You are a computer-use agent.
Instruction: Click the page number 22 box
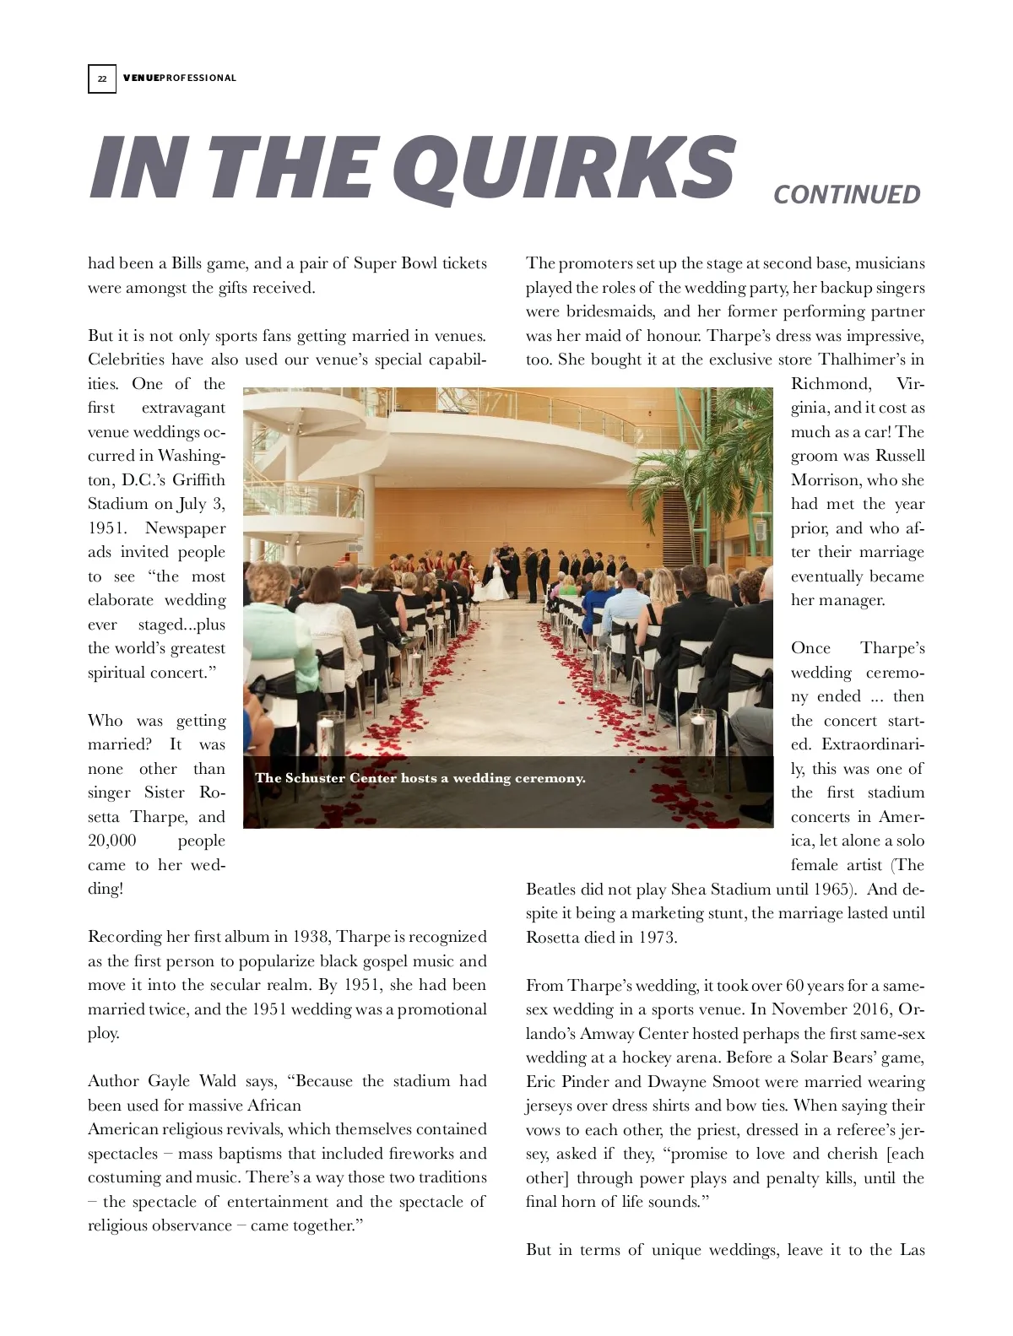[101, 78]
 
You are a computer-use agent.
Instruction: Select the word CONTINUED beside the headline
[846, 195]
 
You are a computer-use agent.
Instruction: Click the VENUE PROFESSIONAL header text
[180, 78]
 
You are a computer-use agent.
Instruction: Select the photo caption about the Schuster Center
[420, 778]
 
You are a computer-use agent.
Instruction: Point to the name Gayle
[169, 1081]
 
